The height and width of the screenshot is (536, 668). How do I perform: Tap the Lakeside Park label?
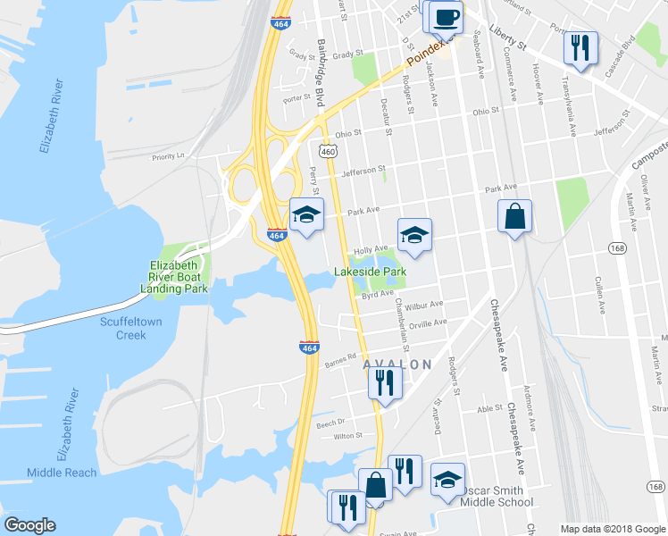tap(371, 271)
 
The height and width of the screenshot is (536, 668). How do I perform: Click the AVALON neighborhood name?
tap(397, 364)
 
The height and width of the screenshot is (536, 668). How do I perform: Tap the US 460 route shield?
tap(328, 152)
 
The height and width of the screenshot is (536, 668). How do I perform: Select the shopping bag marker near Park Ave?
tap(515, 217)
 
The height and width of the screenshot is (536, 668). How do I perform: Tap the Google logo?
tap(30, 525)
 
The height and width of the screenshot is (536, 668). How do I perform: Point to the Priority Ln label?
tap(167, 156)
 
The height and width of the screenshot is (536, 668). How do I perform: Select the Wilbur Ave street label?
tap(423, 306)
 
